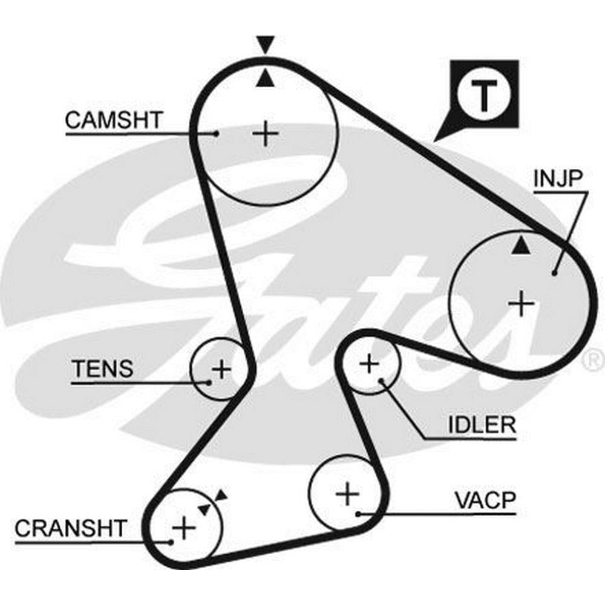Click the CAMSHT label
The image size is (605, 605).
(114, 120)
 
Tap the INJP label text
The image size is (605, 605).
(557, 178)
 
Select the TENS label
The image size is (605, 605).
(102, 368)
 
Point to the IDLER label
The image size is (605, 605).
(482, 424)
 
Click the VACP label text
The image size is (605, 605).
(485, 501)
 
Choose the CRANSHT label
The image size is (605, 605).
(71, 528)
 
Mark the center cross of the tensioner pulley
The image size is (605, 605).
(221, 368)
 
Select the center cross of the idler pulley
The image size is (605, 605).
(368, 364)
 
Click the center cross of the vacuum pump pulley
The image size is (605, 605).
(347, 494)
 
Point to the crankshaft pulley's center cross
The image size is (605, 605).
(183, 529)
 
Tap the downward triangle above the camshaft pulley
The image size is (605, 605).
(265, 45)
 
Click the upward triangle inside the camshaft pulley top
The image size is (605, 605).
(264, 79)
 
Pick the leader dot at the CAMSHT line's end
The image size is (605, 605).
(216, 133)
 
